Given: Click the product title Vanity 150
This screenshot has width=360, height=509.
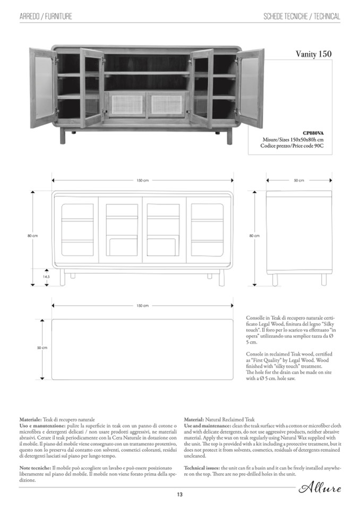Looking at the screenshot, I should point(313,54).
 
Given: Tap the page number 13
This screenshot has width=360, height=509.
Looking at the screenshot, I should point(180,495).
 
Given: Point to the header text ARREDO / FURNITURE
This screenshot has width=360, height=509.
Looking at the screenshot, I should point(46,16).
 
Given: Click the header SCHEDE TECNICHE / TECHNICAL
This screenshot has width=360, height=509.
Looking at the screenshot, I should point(302,16).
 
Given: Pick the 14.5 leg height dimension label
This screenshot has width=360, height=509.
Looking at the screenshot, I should point(46,277).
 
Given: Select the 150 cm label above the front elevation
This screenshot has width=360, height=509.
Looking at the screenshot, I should point(142,180).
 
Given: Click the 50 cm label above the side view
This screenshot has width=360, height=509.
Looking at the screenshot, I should point(299,180).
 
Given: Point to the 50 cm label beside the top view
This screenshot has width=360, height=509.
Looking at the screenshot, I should point(42,348).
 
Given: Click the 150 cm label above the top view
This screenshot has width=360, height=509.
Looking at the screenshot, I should point(142,306).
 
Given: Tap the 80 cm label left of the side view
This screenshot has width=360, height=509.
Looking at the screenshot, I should point(254,236).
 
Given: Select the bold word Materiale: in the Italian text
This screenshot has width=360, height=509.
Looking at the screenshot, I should point(31,419).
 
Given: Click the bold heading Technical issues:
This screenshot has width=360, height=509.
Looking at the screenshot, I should point(202,467).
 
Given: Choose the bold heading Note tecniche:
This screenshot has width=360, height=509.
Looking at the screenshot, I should point(35,467).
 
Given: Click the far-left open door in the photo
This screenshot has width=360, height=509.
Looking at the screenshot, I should point(41,88).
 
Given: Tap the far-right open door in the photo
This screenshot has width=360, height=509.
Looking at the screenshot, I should point(251,88).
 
